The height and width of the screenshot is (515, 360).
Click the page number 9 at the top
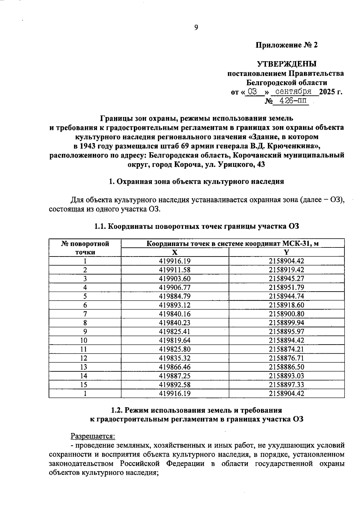pos(196,28)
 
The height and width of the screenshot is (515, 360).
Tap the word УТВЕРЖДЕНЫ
pos(287,64)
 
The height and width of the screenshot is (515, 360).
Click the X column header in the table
pos(175,252)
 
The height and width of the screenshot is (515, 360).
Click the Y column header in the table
pos(286,252)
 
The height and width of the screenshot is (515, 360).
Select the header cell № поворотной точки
pos(85,248)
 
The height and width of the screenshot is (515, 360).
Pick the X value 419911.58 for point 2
pos(175,270)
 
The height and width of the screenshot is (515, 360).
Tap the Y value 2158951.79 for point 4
pos(286,287)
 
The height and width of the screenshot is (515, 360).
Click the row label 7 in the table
pos(85,314)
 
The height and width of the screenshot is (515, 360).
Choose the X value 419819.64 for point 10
pos(175,340)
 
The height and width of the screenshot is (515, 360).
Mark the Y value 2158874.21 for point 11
pos(286,349)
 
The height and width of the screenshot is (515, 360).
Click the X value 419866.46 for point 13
pos(175,367)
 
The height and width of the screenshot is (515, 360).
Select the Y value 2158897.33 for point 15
pos(286,385)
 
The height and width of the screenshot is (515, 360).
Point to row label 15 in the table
pos(85,385)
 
